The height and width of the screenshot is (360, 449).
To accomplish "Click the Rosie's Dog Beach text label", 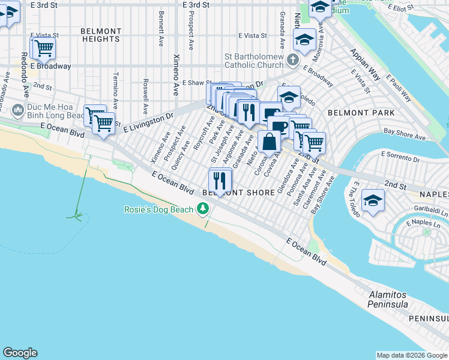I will pyautogui.click(x=158, y=209).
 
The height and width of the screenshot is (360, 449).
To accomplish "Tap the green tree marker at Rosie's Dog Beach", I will pyautogui.click(x=203, y=209).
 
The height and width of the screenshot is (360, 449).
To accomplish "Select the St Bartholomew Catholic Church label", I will pyautogui.click(x=254, y=61).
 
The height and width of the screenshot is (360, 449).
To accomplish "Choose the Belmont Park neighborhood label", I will pyautogui.click(x=361, y=113).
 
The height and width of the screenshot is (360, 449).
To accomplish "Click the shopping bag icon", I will pyautogui.click(x=270, y=142).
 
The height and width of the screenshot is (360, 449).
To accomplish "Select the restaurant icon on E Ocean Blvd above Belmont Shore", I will pyautogui.click(x=220, y=179).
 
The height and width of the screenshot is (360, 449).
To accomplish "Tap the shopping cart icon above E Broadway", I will pyautogui.click(x=43, y=48).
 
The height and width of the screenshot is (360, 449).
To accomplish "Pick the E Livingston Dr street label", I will pyautogui.click(x=148, y=121).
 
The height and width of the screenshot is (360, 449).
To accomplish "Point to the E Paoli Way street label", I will pyautogui.click(x=399, y=89).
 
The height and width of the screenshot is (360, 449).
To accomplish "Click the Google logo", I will pyautogui.click(x=20, y=353).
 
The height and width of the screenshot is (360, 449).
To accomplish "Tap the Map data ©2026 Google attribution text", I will pyautogui.click(x=411, y=355).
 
